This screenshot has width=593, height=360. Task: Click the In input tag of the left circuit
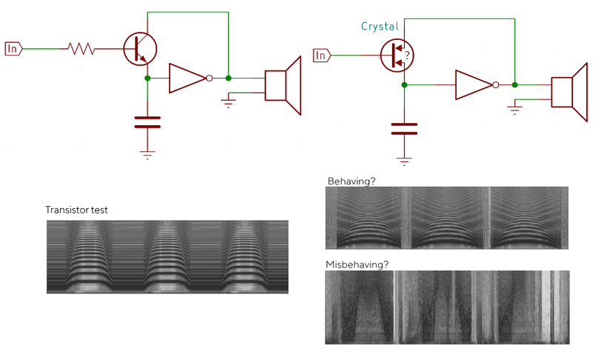click(13, 49)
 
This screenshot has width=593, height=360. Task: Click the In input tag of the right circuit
click(320, 55)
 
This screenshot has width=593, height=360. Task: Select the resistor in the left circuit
click(81, 49)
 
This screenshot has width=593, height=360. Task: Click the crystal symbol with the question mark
click(396, 55)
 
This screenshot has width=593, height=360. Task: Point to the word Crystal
click(380, 27)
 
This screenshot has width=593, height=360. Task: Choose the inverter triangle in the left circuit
click(187, 78)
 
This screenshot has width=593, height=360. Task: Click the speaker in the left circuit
click(283, 84)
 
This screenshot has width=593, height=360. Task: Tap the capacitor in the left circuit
click(148, 121)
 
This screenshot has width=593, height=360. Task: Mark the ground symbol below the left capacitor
click(148, 155)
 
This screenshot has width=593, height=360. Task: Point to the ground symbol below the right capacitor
click(404, 159)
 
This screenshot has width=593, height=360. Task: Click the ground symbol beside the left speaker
click(228, 103)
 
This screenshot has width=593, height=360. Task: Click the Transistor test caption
click(76, 210)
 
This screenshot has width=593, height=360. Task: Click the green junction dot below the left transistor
click(148, 78)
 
